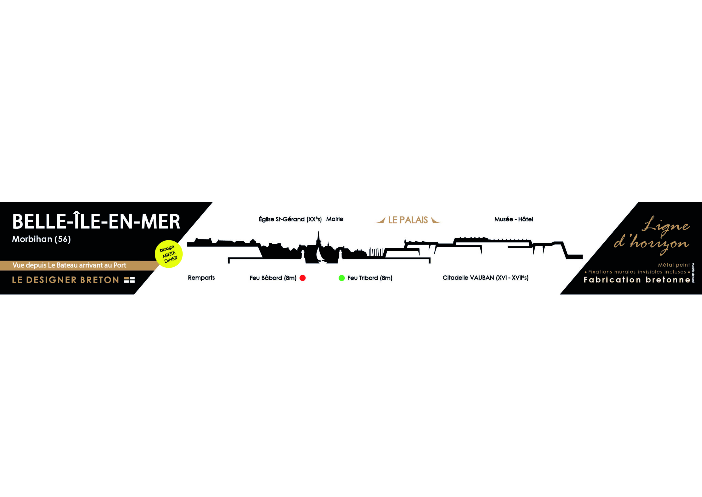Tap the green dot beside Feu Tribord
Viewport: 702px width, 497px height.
(341, 278)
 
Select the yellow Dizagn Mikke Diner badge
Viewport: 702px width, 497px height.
(169, 254)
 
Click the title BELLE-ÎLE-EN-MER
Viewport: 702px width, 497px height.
(96, 222)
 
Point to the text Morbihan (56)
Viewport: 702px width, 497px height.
(41, 239)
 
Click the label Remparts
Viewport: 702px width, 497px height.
(201, 278)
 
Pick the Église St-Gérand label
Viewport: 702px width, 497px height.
(290, 219)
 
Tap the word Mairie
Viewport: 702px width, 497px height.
(335, 219)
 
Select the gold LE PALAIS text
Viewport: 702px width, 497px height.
(408, 220)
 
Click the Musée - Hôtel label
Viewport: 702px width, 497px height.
(514, 219)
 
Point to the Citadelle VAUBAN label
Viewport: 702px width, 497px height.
(485, 278)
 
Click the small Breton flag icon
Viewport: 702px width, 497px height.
(129, 280)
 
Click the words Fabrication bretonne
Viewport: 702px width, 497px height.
(637, 280)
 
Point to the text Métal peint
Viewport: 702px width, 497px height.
(674, 265)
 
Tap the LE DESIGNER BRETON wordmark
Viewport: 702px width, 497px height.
(66, 280)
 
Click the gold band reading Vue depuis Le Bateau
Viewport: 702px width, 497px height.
(70, 265)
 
